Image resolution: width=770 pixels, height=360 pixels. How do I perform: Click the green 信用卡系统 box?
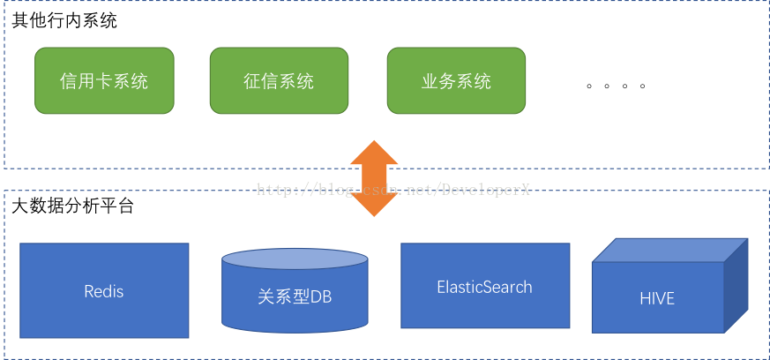pyautogui.click(x=104, y=81)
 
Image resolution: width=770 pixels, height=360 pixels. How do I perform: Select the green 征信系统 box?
pyautogui.click(x=279, y=81)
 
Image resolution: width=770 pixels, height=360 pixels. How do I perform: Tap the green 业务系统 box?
pyautogui.click(x=456, y=81)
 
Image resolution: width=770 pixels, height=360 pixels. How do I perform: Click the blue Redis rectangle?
pyautogui.click(x=104, y=291)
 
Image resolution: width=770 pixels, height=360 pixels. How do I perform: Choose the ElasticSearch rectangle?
pyautogui.click(x=484, y=288)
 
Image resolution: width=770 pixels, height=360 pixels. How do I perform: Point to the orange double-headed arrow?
pyautogui.click(x=375, y=177)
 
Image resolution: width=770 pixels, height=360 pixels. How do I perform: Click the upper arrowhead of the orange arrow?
pyautogui.click(x=375, y=152)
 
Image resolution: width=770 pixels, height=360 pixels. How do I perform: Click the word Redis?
pyautogui.click(x=104, y=291)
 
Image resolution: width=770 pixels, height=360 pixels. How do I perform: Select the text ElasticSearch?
pyautogui.click(x=484, y=288)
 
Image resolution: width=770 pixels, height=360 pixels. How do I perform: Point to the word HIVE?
pyautogui.click(x=657, y=298)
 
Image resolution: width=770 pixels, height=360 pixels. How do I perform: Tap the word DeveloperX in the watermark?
pyautogui.click(x=485, y=190)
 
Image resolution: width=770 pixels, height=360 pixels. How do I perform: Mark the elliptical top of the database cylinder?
pyautogui.click(x=295, y=259)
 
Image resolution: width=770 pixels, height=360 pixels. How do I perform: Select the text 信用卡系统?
pyautogui.click(x=104, y=82)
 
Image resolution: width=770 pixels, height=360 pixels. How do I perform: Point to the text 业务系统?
pyautogui.click(x=456, y=82)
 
